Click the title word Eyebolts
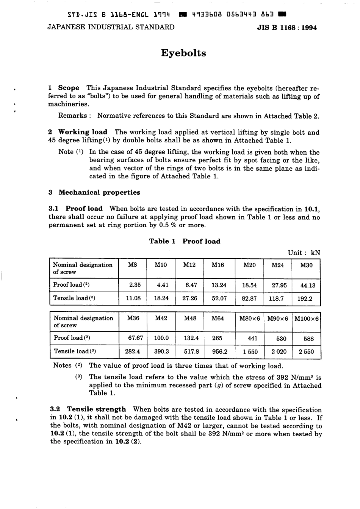coord(183,53)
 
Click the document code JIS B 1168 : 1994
coord(287,28)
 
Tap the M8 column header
coord(132,265)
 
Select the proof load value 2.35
coord(135,285)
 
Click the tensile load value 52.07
coord(219,298)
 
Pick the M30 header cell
coord(306,265)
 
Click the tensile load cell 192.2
coord(305,298)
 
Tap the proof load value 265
coord(217,338)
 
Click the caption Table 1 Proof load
coord(185,241)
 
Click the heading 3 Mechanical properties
coord(94,192)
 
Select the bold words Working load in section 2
coord(83,132)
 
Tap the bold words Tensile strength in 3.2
coord(96,409)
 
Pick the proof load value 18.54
coord(249,285)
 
